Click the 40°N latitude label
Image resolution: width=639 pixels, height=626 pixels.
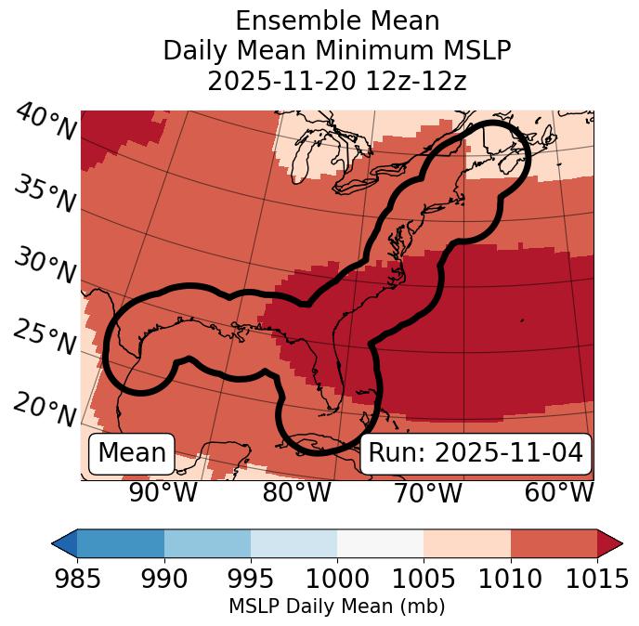[x=46, y=123]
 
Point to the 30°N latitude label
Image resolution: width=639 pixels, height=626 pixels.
[x=44, y=267]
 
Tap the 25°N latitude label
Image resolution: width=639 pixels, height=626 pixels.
[x=44, y=338]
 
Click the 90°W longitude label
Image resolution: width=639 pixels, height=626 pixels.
[x=163, y=493]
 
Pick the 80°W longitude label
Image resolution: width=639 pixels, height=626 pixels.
[x=296, y=493]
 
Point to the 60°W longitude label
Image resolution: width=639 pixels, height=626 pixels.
[x=559, y=493]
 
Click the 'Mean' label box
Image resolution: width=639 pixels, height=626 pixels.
[x=132, y=453]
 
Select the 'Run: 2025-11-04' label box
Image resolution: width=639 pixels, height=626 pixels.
[x=476, y=453]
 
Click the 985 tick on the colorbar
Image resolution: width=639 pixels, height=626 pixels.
[x=77, y=580]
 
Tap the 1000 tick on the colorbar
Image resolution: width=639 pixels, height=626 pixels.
[x=337, y=580]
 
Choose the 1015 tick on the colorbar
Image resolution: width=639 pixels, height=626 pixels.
[x=597, y=580]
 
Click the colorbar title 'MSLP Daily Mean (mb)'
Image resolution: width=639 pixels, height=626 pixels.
[x=336, y=607]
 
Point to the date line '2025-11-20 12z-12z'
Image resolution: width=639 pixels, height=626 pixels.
[x=336, y=81]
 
